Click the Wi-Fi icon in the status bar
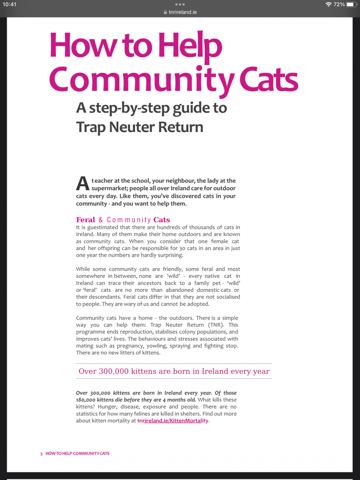[328, 5]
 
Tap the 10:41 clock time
[9, 5]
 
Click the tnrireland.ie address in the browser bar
[182, 12]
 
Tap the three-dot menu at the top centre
[180, 4]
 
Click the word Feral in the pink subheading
[86, 219]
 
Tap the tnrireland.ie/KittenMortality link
[173, 421]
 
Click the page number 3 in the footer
[41, 453]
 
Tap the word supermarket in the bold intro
[112, 188]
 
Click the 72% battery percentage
[339, 5]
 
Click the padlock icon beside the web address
[166, 12]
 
